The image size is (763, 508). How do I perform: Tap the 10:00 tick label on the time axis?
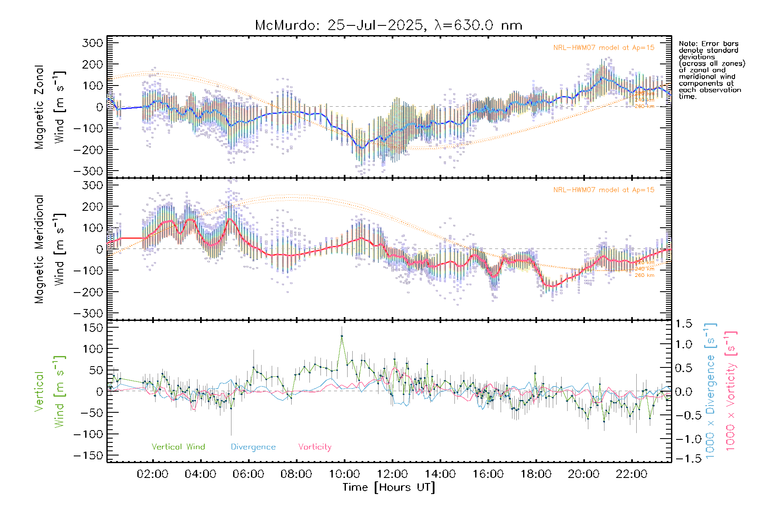click(x=344, y=474)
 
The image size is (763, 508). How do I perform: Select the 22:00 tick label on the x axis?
click(x=632, y=474)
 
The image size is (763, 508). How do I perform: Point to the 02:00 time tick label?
click(x=153, y=474)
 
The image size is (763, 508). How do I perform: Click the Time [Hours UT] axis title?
click(x=389, y=488)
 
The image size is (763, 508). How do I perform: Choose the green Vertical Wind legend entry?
click(x=178, y=447)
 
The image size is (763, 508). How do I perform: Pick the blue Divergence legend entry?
click(x=253, y=447)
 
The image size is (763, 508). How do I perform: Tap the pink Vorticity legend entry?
click(x=315, y=447)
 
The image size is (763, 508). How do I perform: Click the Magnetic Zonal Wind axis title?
click(x=50, y=107)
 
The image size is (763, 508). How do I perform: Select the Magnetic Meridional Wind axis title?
click(x=50, y=249)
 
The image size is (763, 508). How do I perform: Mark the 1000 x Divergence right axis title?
click(x=710, y=390)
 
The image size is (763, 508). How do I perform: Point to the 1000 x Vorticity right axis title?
click(x=730, y=390)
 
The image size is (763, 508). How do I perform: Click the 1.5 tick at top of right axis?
click(x=683, y=324)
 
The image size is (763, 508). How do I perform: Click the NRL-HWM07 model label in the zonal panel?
click(x=604, y=48)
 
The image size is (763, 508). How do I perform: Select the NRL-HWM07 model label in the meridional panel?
click(x=604, y=190)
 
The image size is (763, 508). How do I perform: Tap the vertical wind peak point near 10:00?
click(x=342, y=336)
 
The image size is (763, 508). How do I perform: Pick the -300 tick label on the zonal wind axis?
click(x=88, y=171)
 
